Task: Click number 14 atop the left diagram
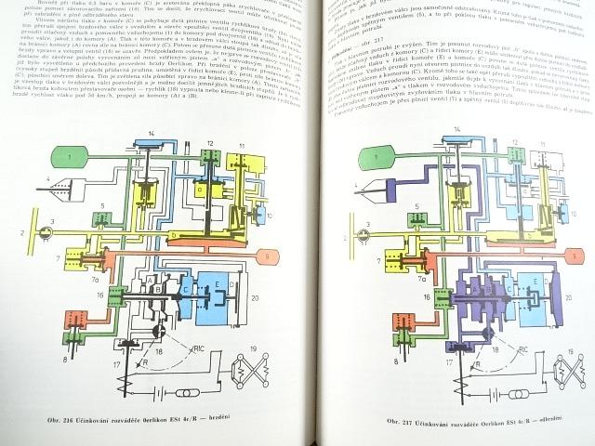[x=150, y=137]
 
